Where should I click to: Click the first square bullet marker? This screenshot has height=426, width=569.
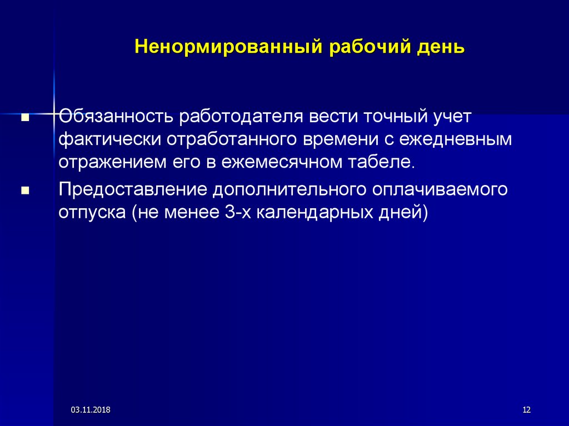coord(25,118)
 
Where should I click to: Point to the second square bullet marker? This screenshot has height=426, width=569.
coord(25,191)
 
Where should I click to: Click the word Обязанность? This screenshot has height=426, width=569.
coord(116,117)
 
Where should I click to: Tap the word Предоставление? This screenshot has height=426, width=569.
coord(132,190)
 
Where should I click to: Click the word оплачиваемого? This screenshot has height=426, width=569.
coord(440,190)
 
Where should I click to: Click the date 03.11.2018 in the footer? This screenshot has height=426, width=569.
coord(91,410)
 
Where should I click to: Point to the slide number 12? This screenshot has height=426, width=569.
coord(527,410)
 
